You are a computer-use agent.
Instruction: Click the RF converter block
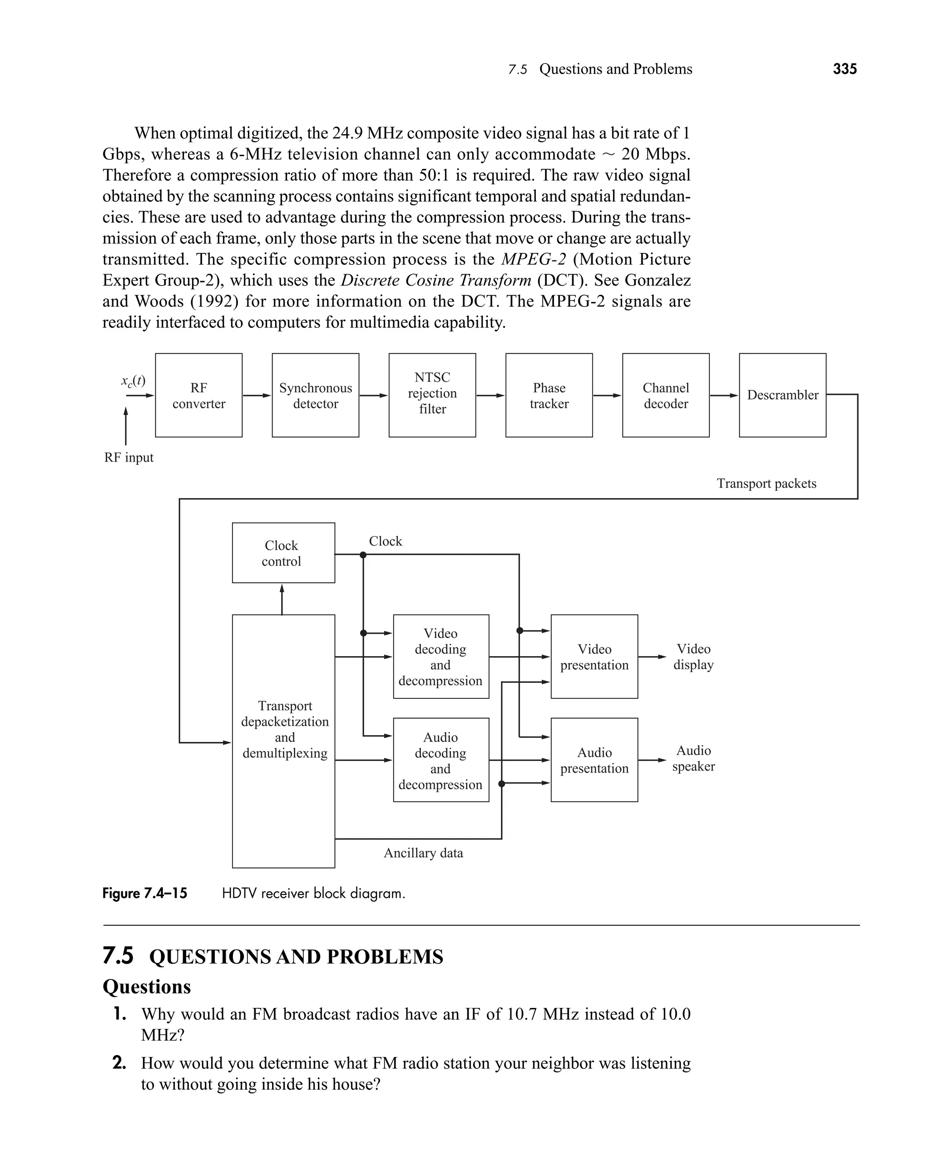pos(199,395)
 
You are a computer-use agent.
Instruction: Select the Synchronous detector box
pos(316,395)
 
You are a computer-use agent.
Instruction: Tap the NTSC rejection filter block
pos(432,395)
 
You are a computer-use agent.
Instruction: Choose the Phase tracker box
pos(549,395)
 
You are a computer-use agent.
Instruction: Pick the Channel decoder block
pos(666,395)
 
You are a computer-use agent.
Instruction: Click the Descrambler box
pos(783,395)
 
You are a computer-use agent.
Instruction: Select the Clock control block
pos(283,553)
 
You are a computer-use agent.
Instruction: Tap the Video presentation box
pos(594,657)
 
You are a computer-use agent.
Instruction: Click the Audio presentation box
pos(594,760)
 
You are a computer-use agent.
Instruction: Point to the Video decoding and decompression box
pos(441,657)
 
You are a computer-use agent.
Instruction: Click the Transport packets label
pos(767,484)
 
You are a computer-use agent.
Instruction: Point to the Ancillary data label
pos(423,853)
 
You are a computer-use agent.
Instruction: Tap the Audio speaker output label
pos(694,758)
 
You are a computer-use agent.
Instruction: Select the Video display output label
pos(694,657)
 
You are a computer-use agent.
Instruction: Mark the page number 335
pos(845,69)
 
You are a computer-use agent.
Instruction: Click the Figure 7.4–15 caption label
pos(145,894)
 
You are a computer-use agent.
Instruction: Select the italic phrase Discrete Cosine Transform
pos(436,280)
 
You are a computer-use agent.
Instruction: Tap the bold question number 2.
pos(119,1062)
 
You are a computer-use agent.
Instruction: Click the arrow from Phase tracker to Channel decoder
pos(608,396)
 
